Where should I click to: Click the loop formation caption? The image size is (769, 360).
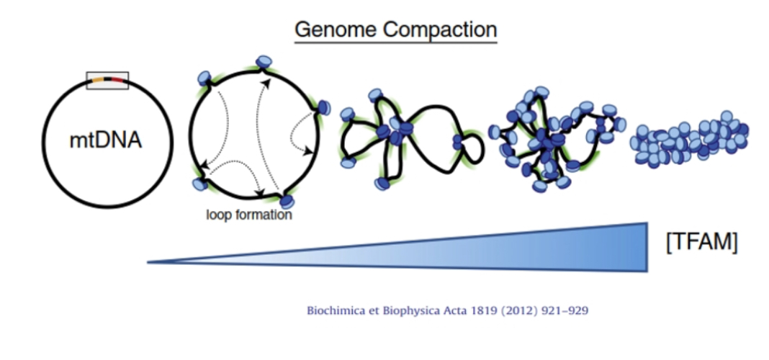click(x=248, y=215)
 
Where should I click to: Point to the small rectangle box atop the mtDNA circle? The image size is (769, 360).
click(x=107, y=81)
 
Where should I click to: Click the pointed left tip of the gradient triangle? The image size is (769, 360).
click(x=150, y=261)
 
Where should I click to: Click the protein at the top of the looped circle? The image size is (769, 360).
click(x=265, y=63)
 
